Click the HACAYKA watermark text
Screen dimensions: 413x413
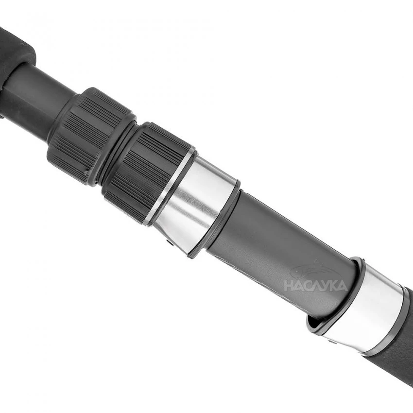click(315, 285)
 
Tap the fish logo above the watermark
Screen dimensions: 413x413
click(310, 270)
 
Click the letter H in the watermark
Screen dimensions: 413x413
click(288, 286)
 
